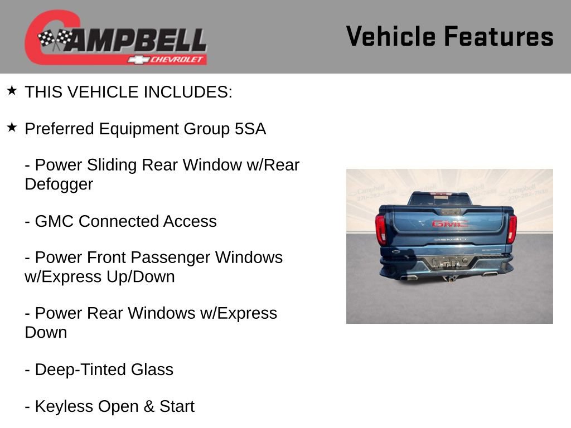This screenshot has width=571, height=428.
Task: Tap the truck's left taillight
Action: [381, 229]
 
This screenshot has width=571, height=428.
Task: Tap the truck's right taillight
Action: [511, 228]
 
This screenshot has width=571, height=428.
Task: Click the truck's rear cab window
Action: [439, 199]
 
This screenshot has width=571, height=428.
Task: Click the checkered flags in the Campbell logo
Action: [55, 38]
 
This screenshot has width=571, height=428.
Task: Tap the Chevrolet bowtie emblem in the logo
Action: [137, 59]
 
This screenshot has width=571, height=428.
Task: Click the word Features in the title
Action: [499, 37]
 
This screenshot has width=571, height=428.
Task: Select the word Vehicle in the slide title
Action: [390, 37]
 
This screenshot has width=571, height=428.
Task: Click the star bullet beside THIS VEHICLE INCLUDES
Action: [12, 91]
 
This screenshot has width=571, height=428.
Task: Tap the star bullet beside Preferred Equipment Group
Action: [12, 128]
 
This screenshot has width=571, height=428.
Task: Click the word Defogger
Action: [59, 184]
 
